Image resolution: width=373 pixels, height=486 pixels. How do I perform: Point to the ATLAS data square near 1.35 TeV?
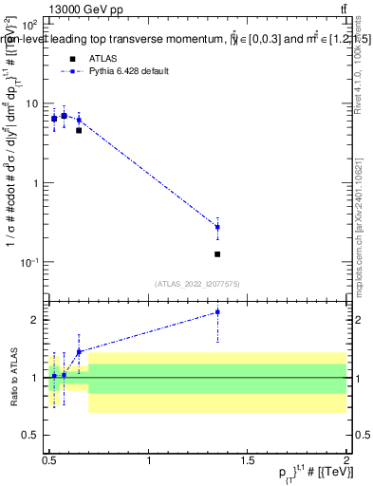coord(217,254)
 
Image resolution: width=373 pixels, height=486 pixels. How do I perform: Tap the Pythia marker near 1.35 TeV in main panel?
coord(217,227)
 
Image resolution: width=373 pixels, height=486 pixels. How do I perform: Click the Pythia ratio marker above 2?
coord(217,311)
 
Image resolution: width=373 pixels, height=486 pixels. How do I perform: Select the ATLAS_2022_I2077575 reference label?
coord(196,282)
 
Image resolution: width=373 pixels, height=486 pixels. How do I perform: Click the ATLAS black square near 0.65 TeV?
coord(79,130)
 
